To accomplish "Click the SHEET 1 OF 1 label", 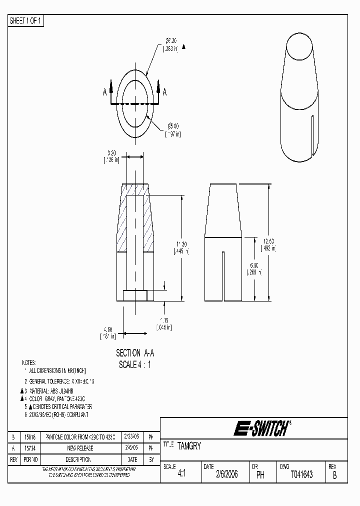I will pyautogui.click(x=26, y=21).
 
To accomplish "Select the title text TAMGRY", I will pyautogui.click(x=189, y=446).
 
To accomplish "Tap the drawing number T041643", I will pyautogui.click(x=301, y=475).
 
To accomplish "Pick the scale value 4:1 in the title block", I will pyautogui.click(x=181, y=475).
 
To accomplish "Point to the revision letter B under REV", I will pyautogui.click(x=334, y=475).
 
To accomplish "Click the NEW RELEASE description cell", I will pyautogui.click(x=79, y=448).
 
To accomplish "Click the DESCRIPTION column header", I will pyautogui.click(x=79, y=459).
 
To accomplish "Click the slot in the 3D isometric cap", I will pyautogui.click(x=312, y=135).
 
